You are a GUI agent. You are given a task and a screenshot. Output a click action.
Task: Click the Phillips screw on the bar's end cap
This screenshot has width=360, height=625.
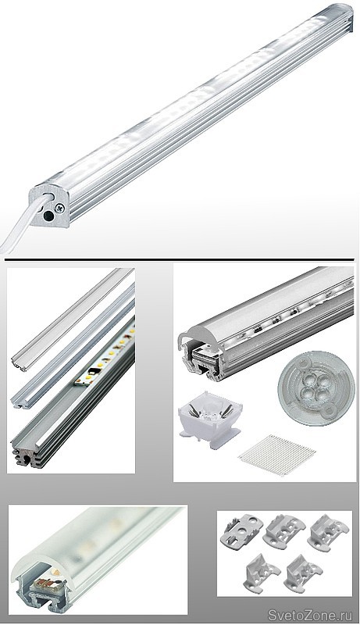coord(60,207)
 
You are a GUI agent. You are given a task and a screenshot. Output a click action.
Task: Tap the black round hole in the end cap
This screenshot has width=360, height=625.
coord(48,216)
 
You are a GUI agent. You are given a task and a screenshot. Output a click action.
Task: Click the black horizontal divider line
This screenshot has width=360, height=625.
coord(179,260)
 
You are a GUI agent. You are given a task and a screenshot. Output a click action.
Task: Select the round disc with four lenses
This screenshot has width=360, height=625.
coord(311,387)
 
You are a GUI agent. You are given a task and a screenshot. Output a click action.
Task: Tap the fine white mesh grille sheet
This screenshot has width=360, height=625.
coord(276,455)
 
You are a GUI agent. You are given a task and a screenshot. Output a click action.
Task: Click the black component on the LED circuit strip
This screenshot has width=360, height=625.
coord(93,372)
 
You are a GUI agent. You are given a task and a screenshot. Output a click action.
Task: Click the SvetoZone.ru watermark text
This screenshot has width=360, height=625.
coord(310,615)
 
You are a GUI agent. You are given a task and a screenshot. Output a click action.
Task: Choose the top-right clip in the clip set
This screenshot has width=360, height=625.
coord(328,532)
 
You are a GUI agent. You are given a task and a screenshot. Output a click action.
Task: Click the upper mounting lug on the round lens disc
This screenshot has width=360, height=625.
coord(304,362)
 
